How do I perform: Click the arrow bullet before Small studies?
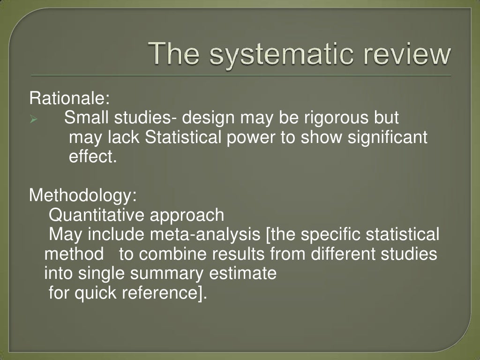click(34, 120)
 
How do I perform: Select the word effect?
click(92, 157)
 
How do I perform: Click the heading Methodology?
click(83, 195)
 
